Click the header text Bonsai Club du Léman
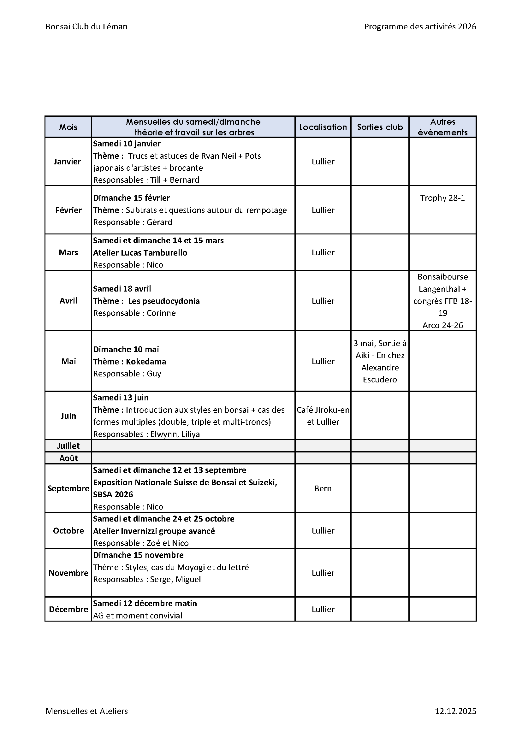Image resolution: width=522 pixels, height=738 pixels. tap(86, 27)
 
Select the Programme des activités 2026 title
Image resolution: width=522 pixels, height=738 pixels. tap(420, 27)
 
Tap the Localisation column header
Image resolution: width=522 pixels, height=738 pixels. tap(323, 127)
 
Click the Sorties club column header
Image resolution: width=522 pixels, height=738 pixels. tap(380, 127)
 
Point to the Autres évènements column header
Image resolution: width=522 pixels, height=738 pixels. tap(442, 127)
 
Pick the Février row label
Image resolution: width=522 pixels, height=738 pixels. tap(68, 210)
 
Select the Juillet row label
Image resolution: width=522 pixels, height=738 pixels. tap(68, 446)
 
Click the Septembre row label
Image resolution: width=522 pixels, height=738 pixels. tap(68, 488)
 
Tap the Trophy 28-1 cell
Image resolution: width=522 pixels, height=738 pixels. tap(442, 198)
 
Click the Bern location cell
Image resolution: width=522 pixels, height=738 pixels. tap(323, 488)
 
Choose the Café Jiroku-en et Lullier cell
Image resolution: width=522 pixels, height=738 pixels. tap(323, 416)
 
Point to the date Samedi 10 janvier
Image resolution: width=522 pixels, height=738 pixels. tap(127, 144)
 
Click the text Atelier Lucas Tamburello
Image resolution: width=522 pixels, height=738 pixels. tap(140, 253)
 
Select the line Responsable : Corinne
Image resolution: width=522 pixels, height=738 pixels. tap(134, 313)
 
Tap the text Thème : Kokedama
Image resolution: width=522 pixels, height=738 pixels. tap(129, 362)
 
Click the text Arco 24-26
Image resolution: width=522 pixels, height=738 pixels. tap(442, 325)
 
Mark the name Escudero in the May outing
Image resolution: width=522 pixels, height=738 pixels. tap(380, 380)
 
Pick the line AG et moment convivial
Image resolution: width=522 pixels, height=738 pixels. tap(138, 615)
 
